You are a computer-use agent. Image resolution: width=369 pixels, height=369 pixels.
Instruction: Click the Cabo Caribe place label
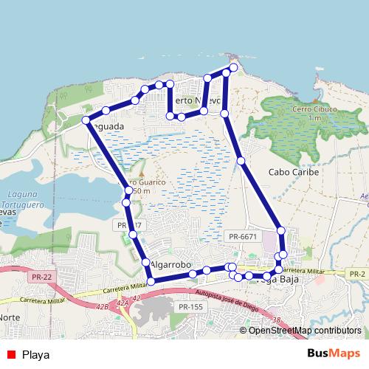click(x=294, y=172)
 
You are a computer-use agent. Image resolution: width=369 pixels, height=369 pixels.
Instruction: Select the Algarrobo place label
click(x=170, y=264)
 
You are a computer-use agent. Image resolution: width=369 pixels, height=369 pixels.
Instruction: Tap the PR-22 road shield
click(x=41, y=276)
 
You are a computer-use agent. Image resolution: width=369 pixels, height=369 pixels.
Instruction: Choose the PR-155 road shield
click(x=190, y=306)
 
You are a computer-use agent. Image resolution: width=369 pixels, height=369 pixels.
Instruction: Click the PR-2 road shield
click(x=358, y=274)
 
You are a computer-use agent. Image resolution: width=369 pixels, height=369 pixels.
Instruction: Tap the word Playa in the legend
click(x=36, y=354)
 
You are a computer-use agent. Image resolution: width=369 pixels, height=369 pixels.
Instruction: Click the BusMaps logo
click(x=334, y=354)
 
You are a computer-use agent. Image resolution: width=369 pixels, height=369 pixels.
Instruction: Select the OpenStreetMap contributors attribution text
click(x=305, y=331)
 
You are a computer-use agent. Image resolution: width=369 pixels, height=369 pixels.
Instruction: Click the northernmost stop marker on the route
click(x=233, y=68)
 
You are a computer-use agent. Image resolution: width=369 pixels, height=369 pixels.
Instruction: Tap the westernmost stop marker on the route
click(x=86, y=120)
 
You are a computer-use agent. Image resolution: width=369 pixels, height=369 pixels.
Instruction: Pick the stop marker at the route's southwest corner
click(x=151, y=281)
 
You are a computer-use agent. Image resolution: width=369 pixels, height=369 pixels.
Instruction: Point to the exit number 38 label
click(x=275, y=320)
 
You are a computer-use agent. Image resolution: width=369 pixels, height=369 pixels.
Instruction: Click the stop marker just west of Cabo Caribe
click(x=241, y=160)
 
